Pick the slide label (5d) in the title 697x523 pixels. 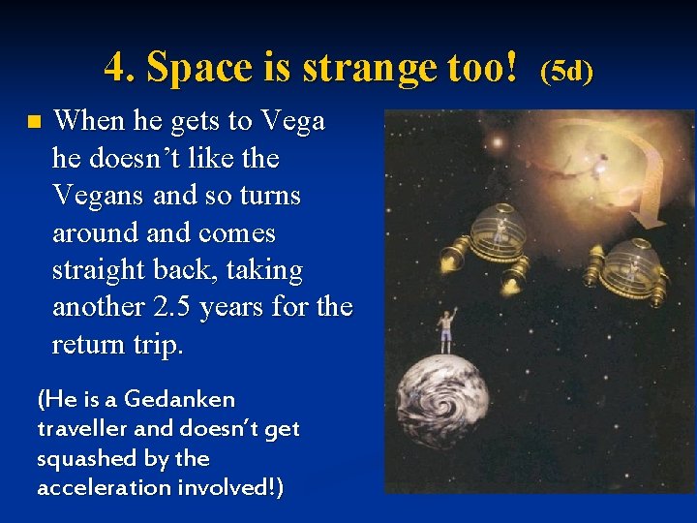coord(566,70)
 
